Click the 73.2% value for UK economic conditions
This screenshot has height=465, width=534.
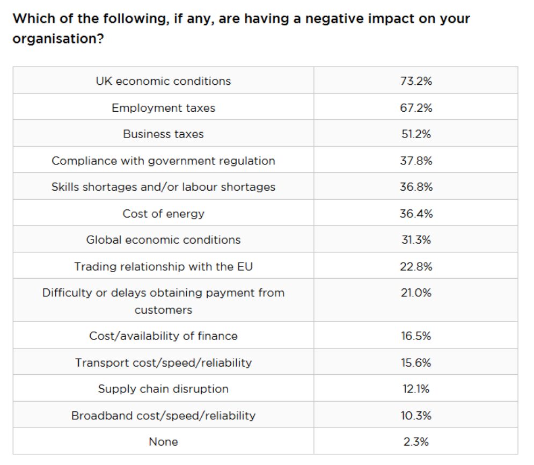416,81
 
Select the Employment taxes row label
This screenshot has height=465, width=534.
164,108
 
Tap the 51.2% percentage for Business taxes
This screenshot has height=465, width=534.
416,134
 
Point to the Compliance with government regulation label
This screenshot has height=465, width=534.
164,161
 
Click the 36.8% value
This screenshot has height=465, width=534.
416,187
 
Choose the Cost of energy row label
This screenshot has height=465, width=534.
164,214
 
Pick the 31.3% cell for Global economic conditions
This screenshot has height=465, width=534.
416,240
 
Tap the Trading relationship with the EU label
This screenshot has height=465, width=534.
164,266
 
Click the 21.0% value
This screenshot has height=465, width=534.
416,293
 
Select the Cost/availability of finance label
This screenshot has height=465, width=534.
164,336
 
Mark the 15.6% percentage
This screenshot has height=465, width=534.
416,362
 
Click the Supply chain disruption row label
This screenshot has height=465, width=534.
164,389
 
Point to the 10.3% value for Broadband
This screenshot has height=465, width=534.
416,416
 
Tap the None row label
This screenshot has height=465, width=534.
164,442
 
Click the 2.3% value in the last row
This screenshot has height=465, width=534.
416,442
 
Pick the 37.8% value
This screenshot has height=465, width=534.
416,161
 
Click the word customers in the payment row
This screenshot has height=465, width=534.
164,310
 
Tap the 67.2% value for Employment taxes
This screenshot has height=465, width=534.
416,108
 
